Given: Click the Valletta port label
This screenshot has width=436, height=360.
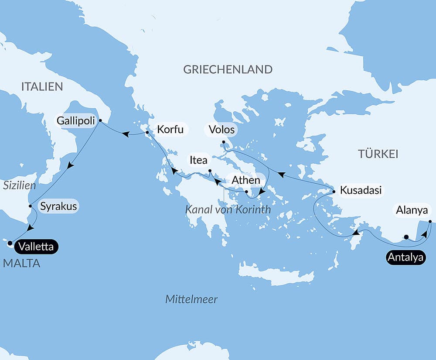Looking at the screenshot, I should coord(36,247).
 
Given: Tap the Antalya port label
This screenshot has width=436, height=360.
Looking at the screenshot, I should coord(405,257).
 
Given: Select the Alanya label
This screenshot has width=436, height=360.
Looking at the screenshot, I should coord(412,210).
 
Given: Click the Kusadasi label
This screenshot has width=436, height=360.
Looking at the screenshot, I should coord(361,190).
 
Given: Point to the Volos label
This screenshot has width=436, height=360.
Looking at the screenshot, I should coord(221,130).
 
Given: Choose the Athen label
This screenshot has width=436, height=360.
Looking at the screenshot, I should coord(246,180).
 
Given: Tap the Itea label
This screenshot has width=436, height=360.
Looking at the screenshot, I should coord(198,160).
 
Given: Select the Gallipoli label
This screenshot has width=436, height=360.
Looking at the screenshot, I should coord(75,120).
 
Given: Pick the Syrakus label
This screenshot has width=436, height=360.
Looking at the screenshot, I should coord(58,206).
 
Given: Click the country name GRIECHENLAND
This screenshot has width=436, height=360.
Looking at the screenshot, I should coord(228,69).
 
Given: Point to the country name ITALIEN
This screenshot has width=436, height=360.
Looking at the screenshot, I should coord(42,86).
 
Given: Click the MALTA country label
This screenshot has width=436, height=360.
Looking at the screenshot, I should coord(21,263).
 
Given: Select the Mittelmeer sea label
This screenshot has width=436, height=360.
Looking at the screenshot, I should coord(191,299).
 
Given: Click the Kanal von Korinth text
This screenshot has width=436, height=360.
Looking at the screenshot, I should coord(228,209).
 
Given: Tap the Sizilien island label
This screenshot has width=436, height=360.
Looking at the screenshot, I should coord(19,185).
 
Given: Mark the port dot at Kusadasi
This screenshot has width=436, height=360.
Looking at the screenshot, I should coord(334,192).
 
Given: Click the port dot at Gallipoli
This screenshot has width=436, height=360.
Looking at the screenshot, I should coord(100,120).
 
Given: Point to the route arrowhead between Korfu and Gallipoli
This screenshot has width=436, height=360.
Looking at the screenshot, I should coord(125,134).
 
